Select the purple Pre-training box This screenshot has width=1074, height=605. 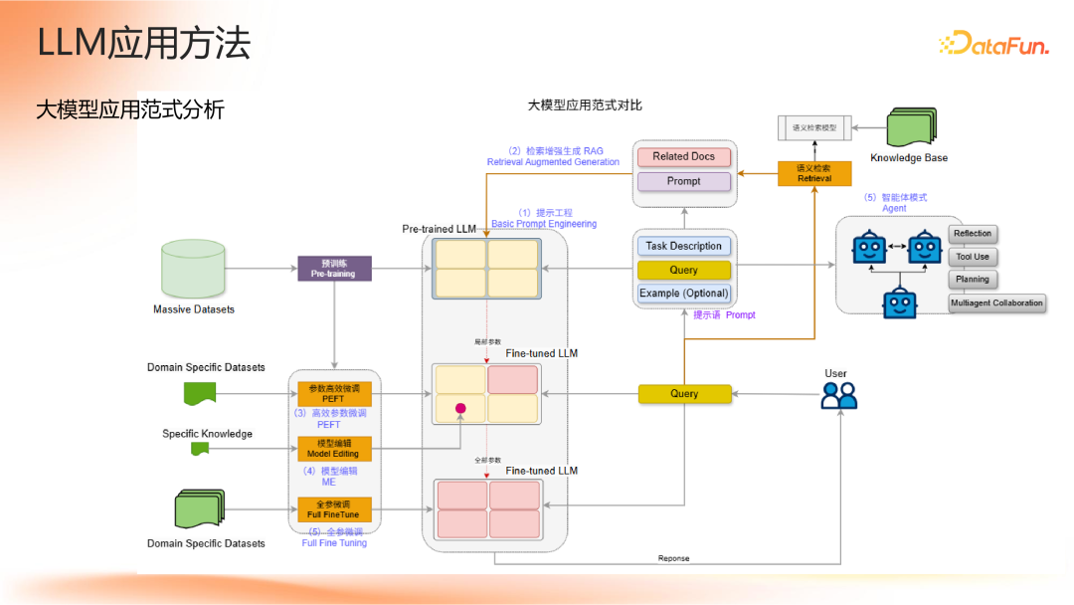coord(334,268)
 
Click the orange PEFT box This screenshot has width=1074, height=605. coord(333,394)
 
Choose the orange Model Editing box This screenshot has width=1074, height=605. coord(333,449)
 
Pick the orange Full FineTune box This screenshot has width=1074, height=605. coord(333,509)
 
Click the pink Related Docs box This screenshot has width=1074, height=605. coord(683,156)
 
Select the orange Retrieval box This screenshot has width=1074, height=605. coord(814,173)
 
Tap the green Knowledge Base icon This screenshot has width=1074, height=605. coord(910,128)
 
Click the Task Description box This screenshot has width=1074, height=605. coord(683,246)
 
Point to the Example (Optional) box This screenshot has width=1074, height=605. coord(683,294)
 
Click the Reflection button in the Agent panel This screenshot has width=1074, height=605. coord(973,234)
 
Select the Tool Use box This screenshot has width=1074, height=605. coord(973,257)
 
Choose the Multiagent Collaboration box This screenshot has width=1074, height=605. coord(997,303)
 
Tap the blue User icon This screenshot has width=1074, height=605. coord(838,396)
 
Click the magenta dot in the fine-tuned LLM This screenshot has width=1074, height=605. coord(460,408)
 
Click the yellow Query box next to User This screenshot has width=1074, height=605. coord(684,394)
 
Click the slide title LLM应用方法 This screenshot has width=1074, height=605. coord(143,44)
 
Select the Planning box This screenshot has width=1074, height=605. coord(973,280)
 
